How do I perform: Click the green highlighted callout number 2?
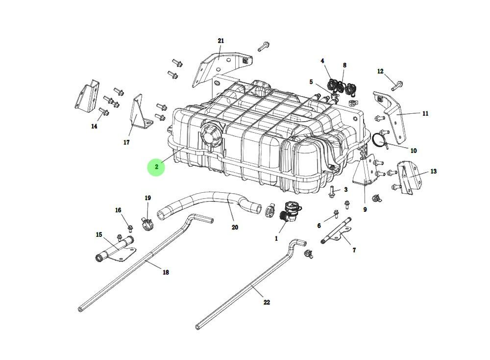[x=156, y=167]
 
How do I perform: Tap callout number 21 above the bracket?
[x=220, y=41]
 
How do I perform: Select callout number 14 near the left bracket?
[x=94, y=127]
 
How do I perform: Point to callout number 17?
[x=126, y=143]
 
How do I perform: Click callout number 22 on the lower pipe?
[x=267, y=303]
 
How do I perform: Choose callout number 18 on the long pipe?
[x=166, y=272]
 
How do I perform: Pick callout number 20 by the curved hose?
[x=235, y=228]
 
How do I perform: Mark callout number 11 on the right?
[x=425, y=113]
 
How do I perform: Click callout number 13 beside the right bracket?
[x=434, y=172]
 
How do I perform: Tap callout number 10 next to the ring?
[x=413, y=151]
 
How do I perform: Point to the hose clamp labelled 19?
[x=147, y=224]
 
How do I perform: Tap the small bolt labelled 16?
[x=130, y=228]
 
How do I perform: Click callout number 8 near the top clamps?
[x=344, y=65]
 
